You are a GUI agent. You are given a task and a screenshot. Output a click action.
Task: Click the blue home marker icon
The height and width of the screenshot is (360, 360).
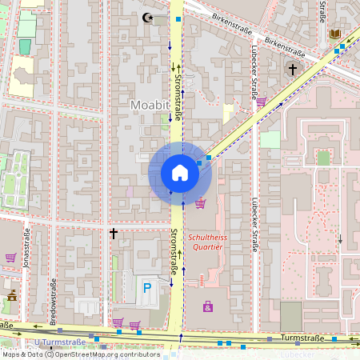pos(179,173)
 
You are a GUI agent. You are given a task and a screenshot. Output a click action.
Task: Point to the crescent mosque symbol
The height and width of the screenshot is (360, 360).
pos(146,17)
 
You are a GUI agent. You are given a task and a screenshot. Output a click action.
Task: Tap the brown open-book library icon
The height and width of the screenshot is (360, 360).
pos(334,34)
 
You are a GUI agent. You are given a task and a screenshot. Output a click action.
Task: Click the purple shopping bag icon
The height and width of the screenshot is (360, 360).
pos(208,306)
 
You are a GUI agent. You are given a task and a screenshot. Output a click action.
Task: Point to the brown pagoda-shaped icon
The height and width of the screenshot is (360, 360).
pos(11,296)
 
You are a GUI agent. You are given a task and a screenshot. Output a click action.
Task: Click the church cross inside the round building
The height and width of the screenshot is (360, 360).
pos(293,70)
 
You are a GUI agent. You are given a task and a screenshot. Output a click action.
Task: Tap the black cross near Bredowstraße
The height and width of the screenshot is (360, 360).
pos(114,234)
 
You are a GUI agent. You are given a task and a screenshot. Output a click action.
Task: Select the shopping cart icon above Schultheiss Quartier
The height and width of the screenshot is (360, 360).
pos(200,203)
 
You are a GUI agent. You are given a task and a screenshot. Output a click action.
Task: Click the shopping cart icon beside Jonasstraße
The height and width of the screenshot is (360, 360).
pos(10,258)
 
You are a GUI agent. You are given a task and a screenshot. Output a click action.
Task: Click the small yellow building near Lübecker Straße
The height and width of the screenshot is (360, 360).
pos(227,112)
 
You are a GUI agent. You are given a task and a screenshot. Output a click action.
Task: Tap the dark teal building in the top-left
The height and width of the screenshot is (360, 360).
pos(25,46)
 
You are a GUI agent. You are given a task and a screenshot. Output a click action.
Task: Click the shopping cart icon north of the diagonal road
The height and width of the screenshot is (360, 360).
pos(262,102)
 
